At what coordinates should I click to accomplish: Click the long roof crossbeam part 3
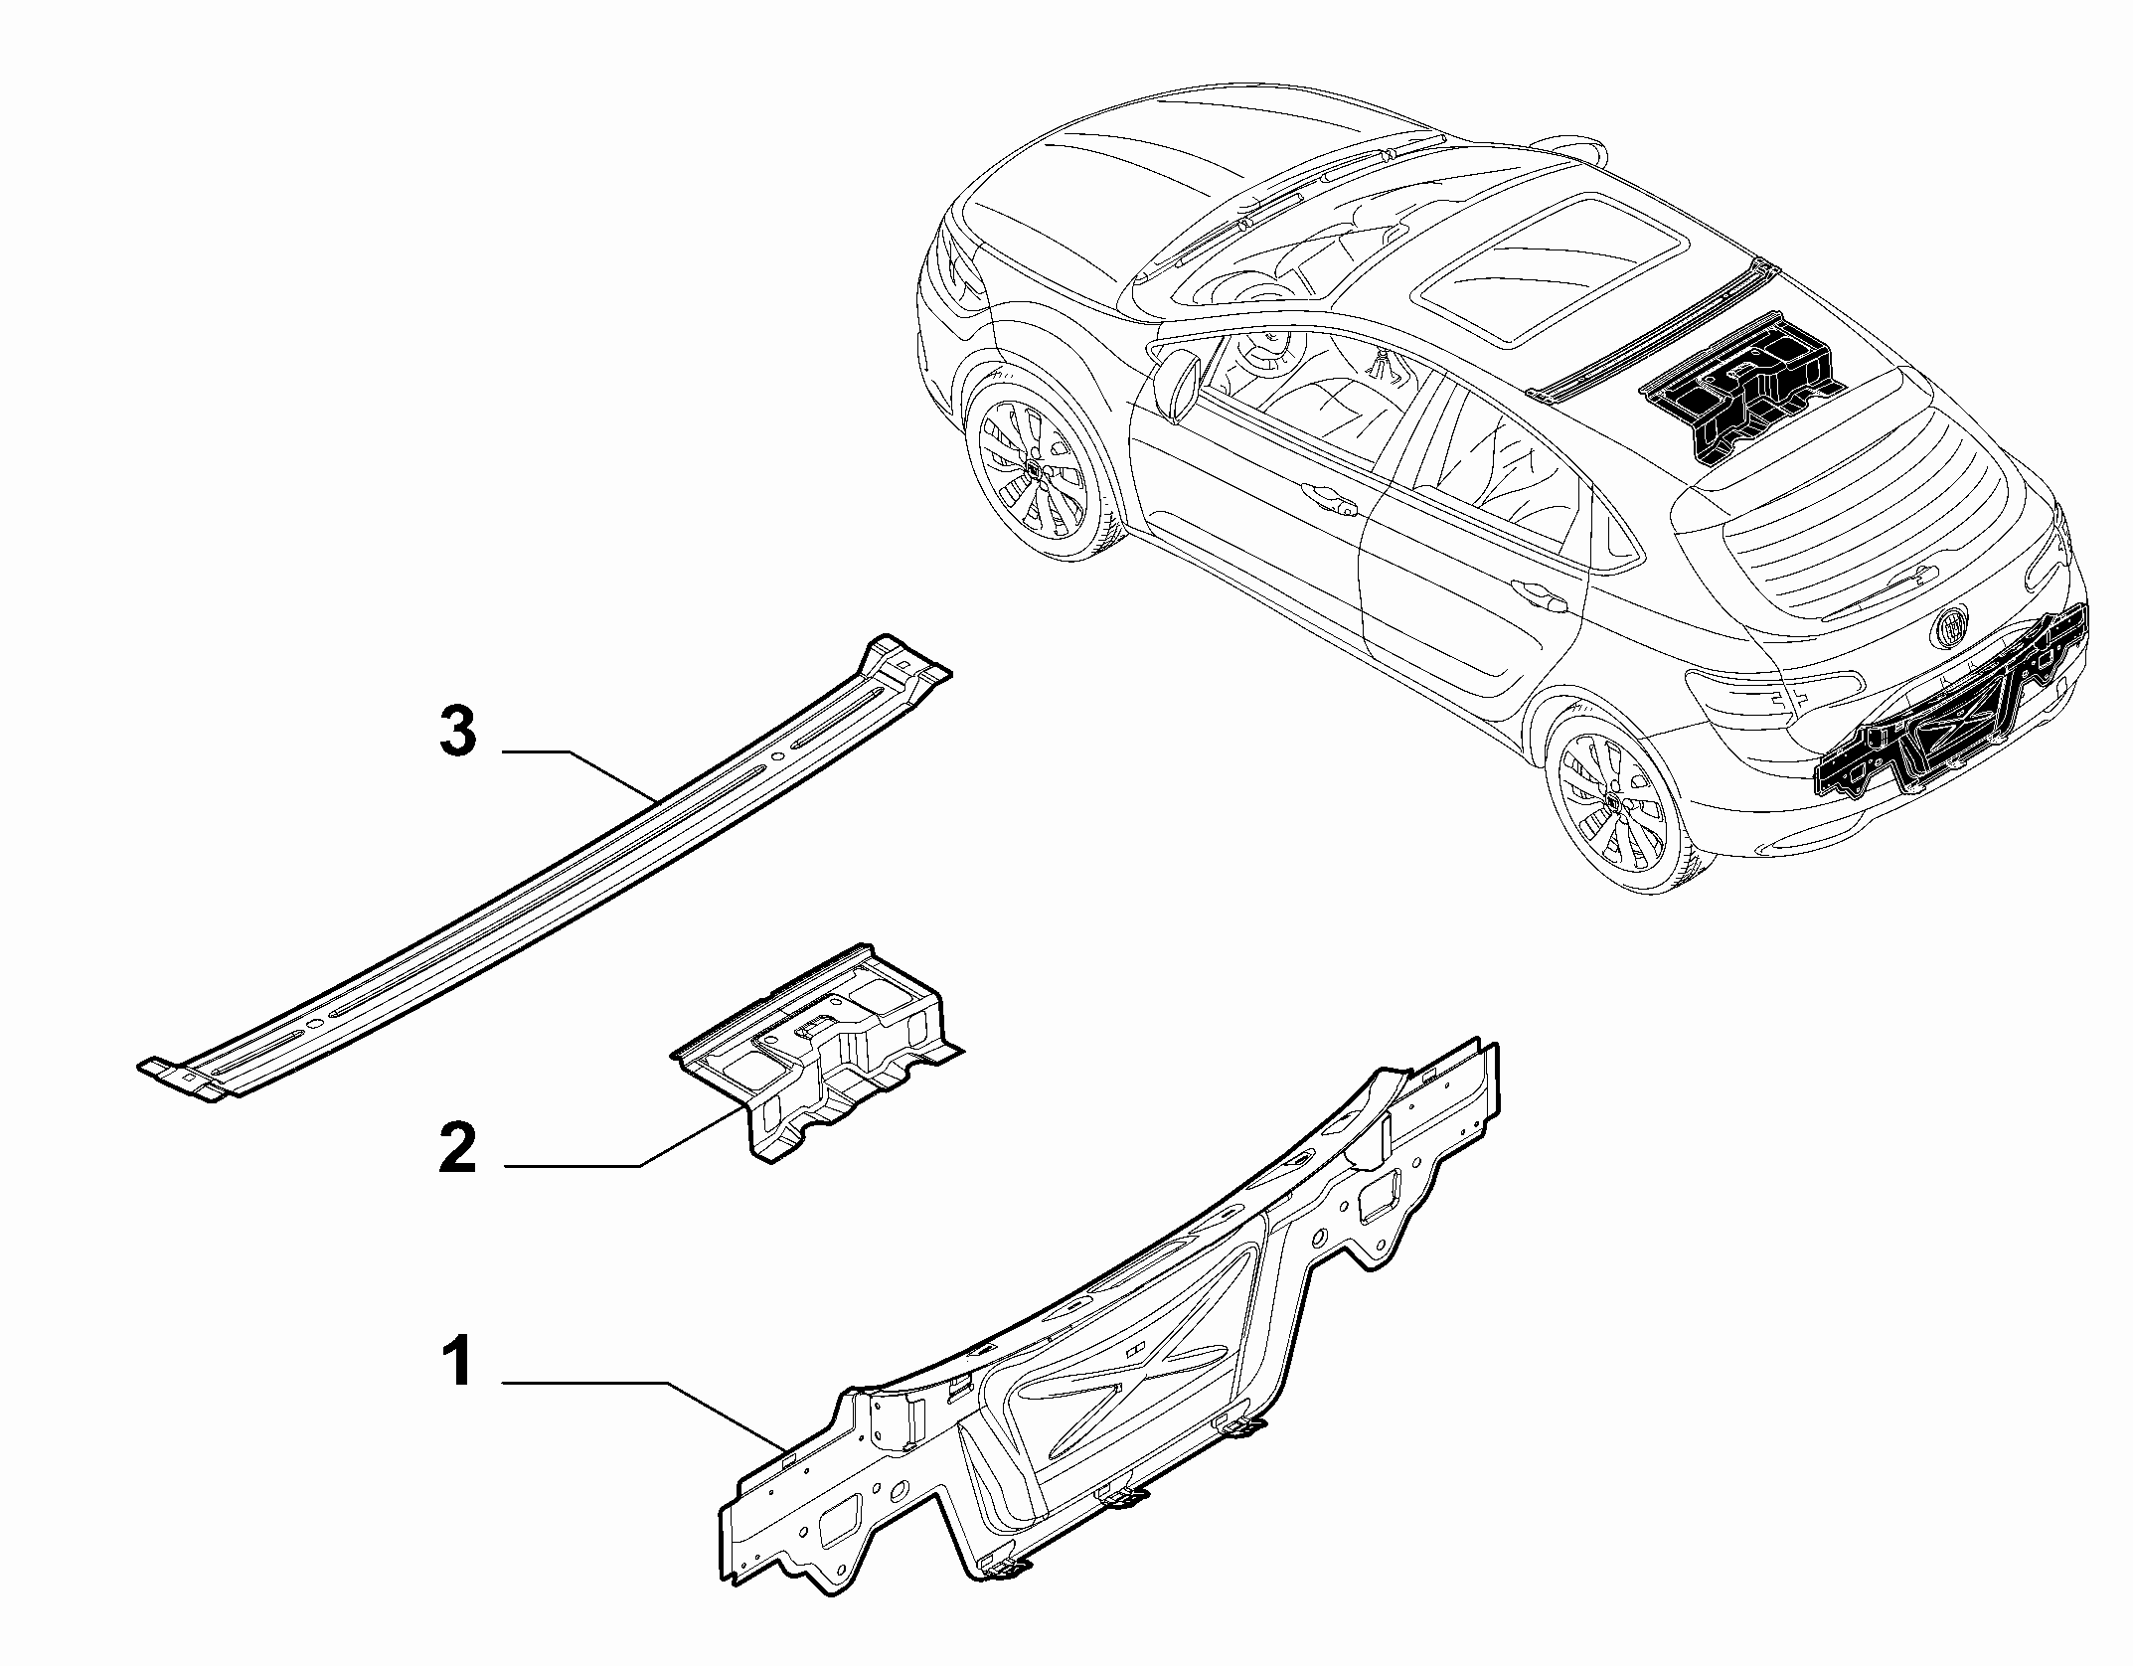(544, 871)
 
